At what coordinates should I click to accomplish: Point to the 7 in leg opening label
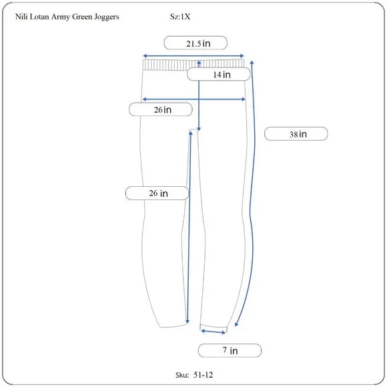click(230, 350)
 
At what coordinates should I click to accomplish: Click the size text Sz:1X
click(180, 17)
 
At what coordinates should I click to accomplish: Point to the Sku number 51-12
click(203, 375)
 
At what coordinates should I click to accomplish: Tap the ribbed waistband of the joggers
click(193, 65)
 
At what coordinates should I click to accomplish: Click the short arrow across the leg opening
click(214, 332)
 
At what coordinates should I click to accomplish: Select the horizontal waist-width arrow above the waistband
click(193, 56)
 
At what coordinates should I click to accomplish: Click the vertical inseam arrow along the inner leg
click(189, 227)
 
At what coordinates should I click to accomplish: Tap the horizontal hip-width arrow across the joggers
click(194, 99)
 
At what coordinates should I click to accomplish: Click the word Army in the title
click(61, 17)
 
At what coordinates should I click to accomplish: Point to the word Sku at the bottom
click(182, 375)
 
